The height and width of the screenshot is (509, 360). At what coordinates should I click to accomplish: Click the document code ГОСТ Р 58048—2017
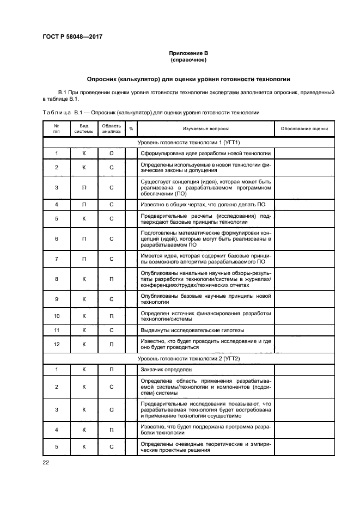(x=72, y=37)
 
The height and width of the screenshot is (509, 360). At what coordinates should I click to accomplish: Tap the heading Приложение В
(x=188, y=53)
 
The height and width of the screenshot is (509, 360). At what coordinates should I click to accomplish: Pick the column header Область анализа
(x=111, y=128)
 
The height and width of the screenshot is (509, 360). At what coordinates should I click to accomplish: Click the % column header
(x=131, y=128)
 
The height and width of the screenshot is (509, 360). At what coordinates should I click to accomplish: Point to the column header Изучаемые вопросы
(x=205, y=128)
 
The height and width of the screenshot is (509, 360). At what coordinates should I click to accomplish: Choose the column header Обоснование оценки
(x=304, y=128)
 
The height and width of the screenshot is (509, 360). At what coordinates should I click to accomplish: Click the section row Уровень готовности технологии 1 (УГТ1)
(x=188, y=142)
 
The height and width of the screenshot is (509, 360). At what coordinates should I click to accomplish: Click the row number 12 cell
(x=57, y=344)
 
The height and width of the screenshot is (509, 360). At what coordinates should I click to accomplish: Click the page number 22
(x=46, y=462)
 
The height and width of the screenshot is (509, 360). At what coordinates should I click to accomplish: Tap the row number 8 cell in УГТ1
(x=57, y=279)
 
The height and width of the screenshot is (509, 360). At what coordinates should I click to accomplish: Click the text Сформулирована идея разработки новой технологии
(x=205, y=154)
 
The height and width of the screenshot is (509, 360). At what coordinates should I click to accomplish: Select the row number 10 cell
(x=57, y=316)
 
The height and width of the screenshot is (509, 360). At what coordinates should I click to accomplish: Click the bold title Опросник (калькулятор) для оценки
(x=188, y=79)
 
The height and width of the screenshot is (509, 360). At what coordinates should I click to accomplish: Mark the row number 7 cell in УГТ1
(x=57, y=259)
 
